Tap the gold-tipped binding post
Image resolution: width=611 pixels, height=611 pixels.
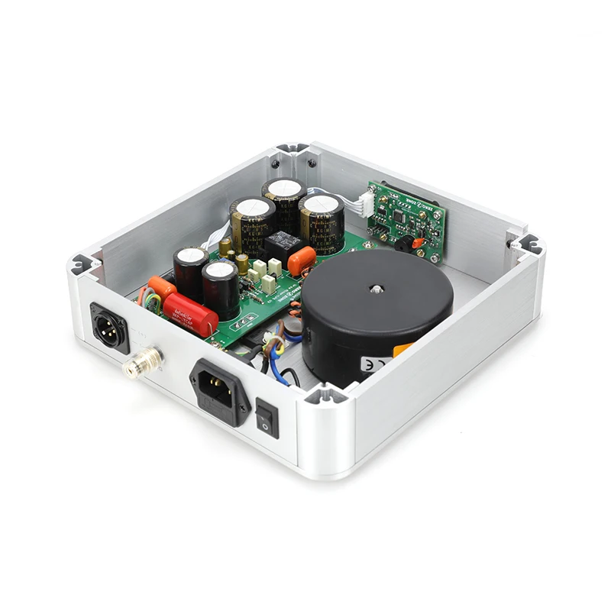point(143,361)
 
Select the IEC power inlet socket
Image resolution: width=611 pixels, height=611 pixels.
point(220,388)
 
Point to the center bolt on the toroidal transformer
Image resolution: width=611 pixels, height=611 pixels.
point(377,289)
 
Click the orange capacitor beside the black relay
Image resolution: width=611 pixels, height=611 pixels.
point(302,260)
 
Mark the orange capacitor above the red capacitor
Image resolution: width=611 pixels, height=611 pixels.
point(163,288)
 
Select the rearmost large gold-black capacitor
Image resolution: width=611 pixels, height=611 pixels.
point(284,201)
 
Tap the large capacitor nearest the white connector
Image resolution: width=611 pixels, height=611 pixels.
point(322,221)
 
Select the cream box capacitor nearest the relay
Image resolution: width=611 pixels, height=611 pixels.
point(274,267)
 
